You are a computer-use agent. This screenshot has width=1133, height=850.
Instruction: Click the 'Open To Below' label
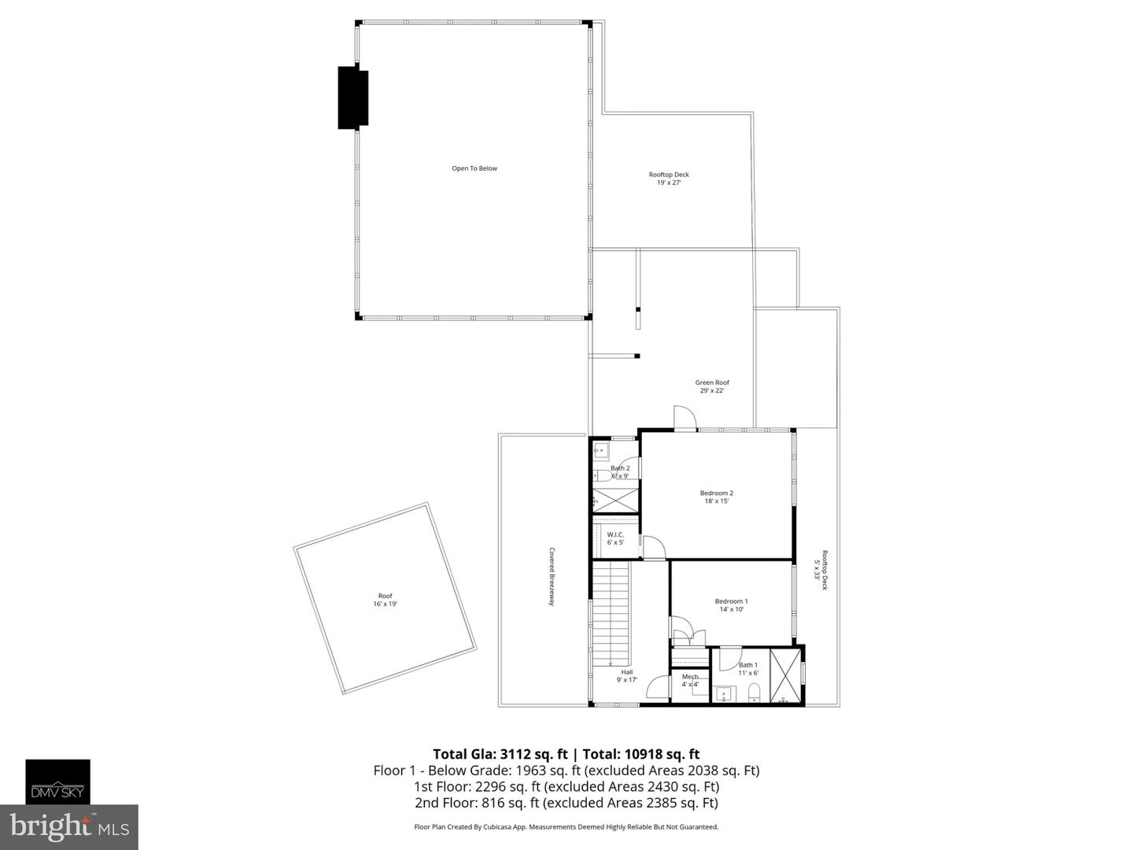pos(474,168)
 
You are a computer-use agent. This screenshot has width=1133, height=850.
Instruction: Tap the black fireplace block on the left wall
pos(353,98)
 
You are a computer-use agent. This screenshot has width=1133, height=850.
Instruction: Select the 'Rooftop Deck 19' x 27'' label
pos(669,179)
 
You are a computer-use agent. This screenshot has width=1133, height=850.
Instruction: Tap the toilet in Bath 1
pos(754,693)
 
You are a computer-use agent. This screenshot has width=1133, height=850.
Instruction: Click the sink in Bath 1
pos(723,694)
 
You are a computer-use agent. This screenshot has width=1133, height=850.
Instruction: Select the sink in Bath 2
pos(600,452)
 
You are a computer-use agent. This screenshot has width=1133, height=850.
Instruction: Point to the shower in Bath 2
pos(615,500)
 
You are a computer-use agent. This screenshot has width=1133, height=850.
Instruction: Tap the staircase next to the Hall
pos(611,614)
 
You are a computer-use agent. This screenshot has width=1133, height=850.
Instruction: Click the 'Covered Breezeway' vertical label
pos(552,576)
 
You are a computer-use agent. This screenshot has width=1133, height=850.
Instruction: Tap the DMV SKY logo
pos(58,782)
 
